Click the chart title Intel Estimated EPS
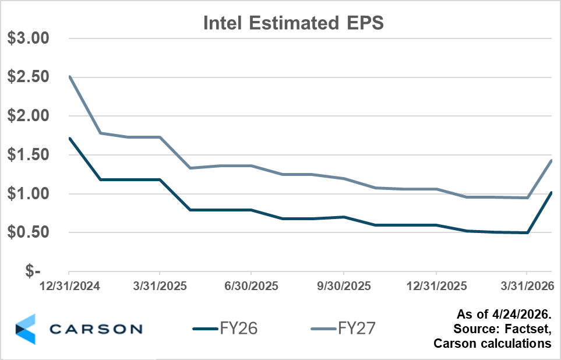(294, 23)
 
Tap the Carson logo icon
(25, 329)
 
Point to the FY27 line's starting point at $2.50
(69, 77)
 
